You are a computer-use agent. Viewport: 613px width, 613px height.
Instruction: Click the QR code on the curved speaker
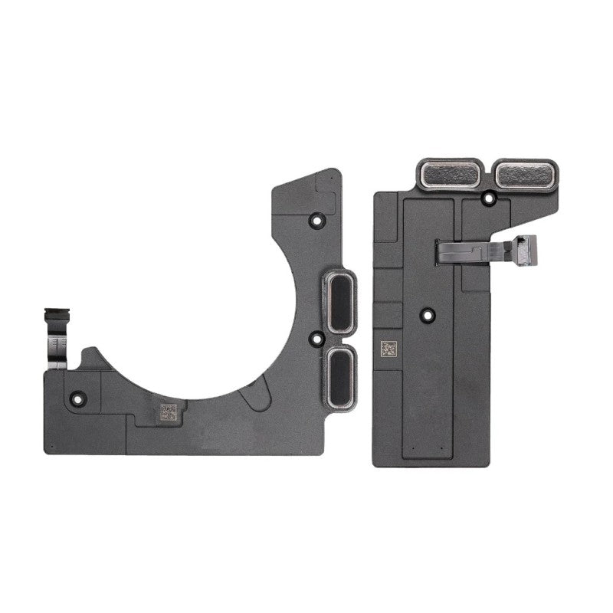[x=169, y=411]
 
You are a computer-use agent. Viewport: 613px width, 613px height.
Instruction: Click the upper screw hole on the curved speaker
[x=313, y=220]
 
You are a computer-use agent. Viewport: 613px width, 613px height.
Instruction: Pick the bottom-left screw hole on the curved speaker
[x=77, y=398]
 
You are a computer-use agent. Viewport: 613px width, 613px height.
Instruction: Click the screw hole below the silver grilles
[x=488, y=199]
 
